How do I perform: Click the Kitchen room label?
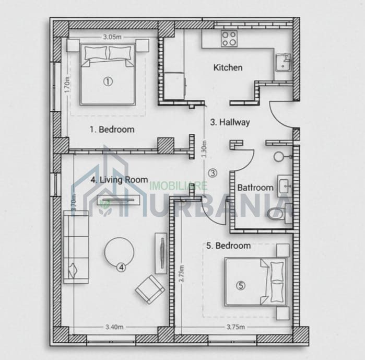point(228,67)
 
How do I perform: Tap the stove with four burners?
point(229,38)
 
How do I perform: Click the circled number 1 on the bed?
point(108,81)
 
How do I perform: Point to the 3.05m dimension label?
point(112,37)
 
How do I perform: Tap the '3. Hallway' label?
point(230,122)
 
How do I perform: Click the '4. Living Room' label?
point(119,179)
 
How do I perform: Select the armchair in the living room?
point(150,289)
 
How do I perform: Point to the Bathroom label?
point(255,188)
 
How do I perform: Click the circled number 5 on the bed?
point(240,285)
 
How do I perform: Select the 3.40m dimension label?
point(114,327)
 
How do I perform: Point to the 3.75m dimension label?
point(236,327)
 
